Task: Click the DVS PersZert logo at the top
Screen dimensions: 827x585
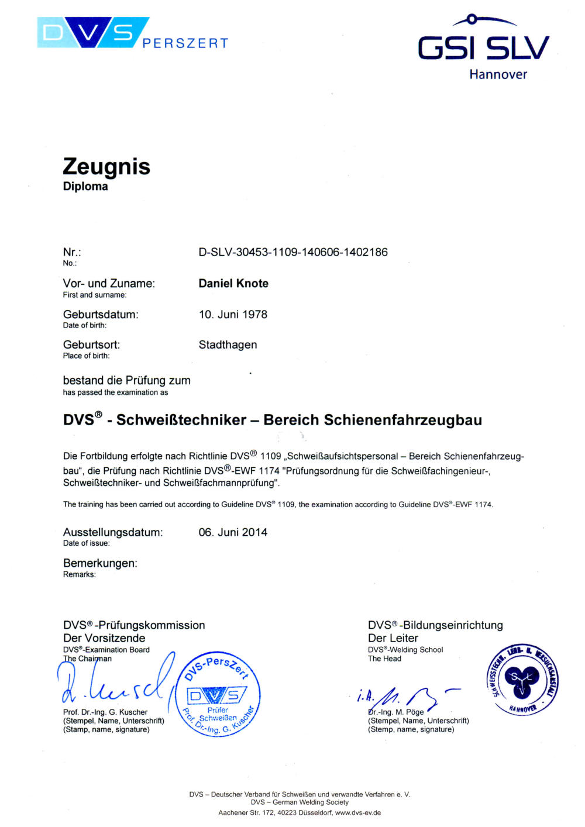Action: pyautogui.click(x=132, y=34)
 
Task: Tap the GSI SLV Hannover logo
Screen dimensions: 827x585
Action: pyautogui.click(x=483, y=48)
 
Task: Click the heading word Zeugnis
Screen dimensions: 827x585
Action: pyautogui.click(x=106, y=167)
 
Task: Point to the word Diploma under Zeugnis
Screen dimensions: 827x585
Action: pyautogui.click(x=85, y=187)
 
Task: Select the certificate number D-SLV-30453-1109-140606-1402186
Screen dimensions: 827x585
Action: pyautogui.click(x=293, y=252)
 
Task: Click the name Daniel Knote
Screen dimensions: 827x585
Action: pyautogui.click(x=233, y=284)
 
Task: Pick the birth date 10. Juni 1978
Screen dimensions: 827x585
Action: pyautogui.click(x=233, y=314)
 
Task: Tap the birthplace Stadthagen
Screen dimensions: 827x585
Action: pyautogui.click(x=228, y=344)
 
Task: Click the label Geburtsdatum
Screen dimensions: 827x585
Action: pyautogui.click(x=101, y=314)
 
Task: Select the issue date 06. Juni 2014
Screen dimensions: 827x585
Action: pyautogui.click(x=233, y=532)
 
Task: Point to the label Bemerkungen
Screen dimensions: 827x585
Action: pyautogui.click(x=100, y=563)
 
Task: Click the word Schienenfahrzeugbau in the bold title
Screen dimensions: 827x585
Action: pyautogui.click(x=402, y=420)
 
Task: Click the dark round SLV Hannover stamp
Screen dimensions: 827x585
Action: pyautogui.click(x=522, y=679)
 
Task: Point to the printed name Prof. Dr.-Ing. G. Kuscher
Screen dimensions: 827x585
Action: pyautogui.click(x=105, y=712)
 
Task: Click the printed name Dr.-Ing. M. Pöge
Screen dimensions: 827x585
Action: pyautogui.click(x=397, y=712)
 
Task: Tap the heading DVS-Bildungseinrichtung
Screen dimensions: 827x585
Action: pyautogui.click(x=435, y=625)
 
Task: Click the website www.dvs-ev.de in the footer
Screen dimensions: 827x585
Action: pyautogui.click(x=358, y=812)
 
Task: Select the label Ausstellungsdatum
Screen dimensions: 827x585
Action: pyautogui.click(x=113, y=532)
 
